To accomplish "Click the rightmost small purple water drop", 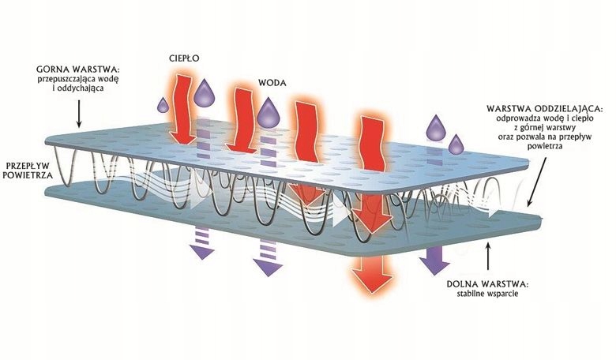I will click(x=456, y=144).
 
